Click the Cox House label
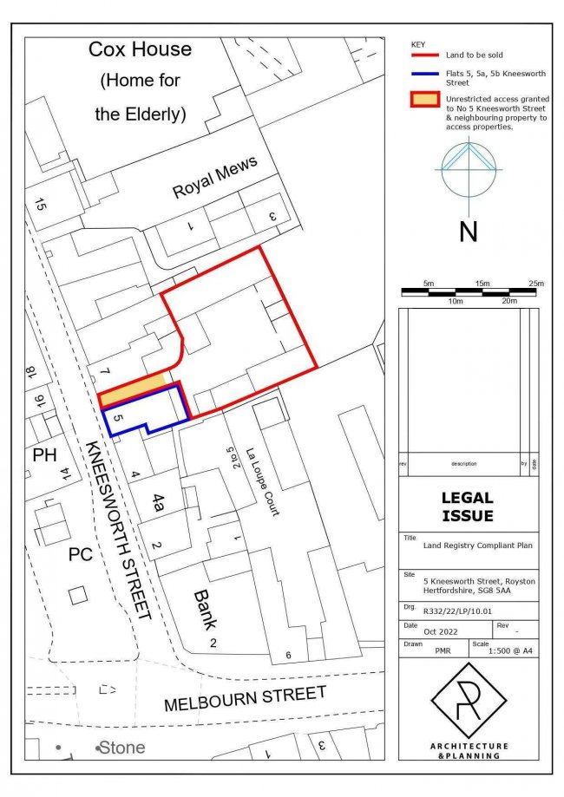(x=140, y=50)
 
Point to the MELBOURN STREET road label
(x=245, y=697)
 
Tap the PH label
(x=44, y=455)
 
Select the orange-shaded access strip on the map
(x=132, y=388)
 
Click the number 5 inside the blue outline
(x=121, y=418)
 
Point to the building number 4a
(x=158, y=504)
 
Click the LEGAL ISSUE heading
(x=468, y=506)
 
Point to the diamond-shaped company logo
(x=469, y=701)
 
